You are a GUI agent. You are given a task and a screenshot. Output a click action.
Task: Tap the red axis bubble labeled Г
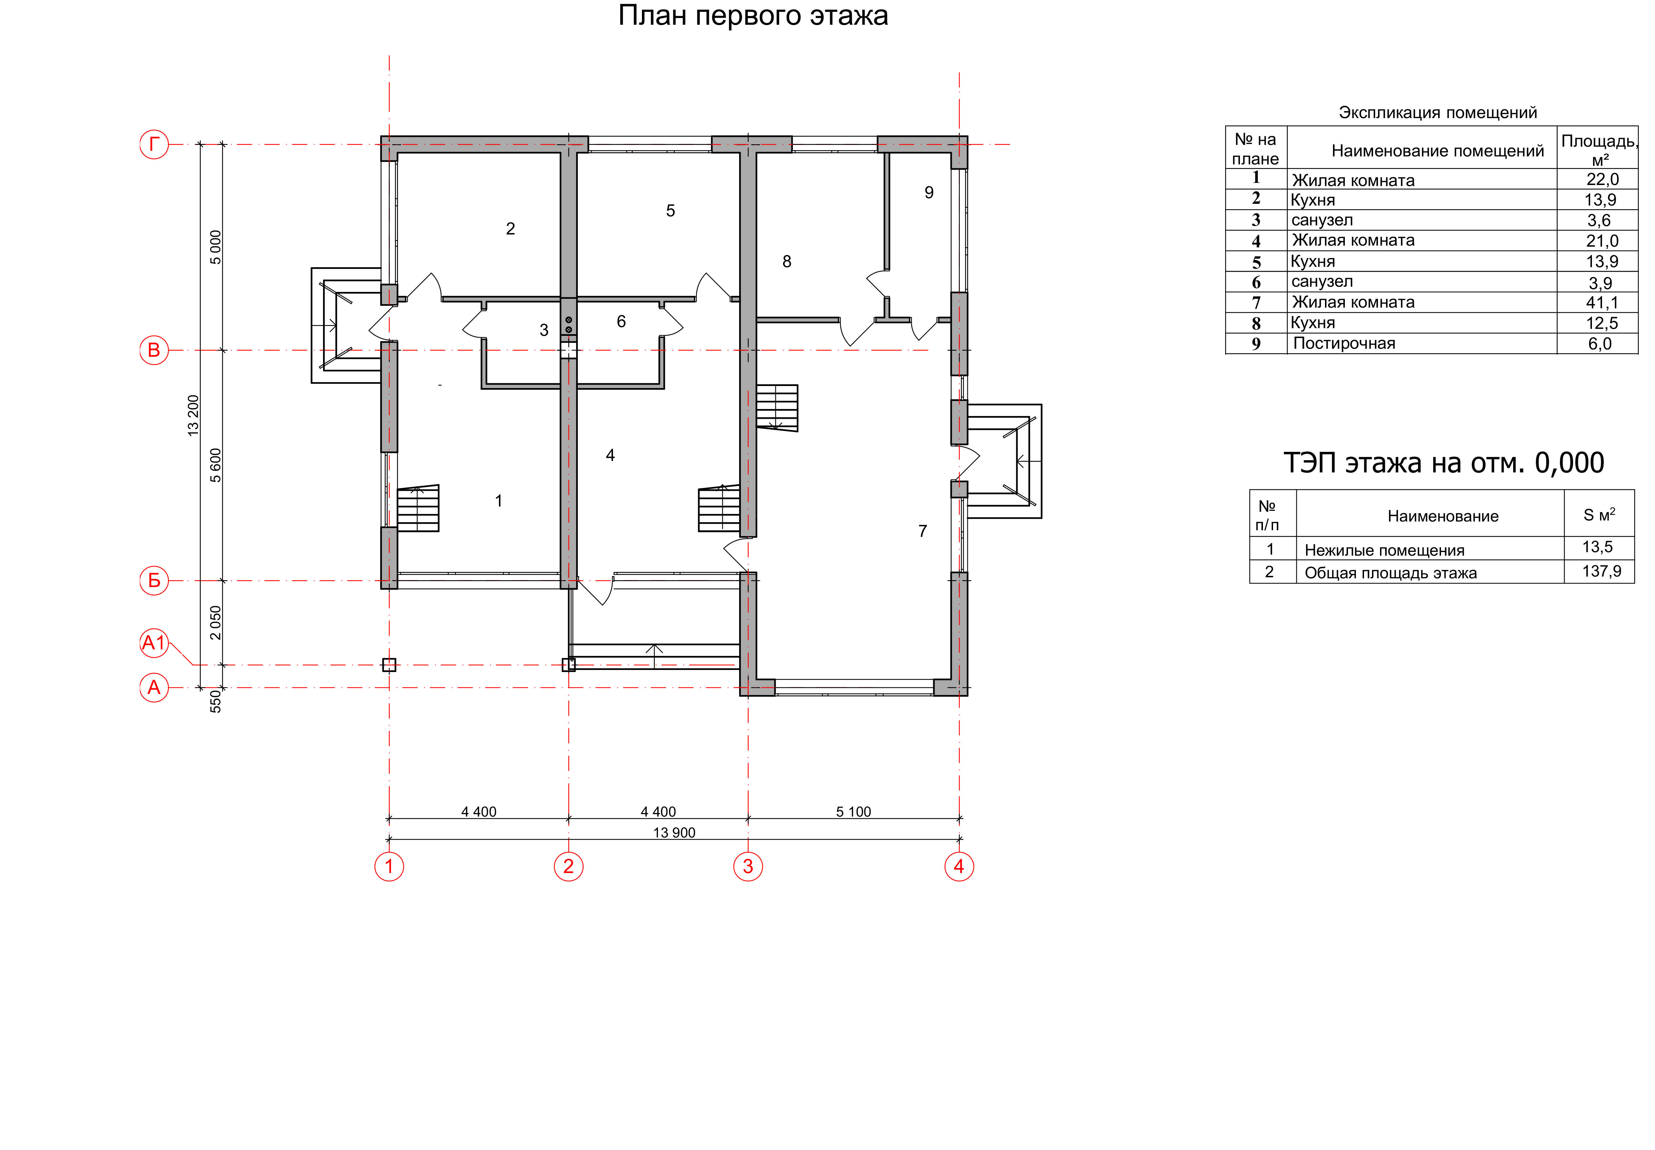click(154, 144)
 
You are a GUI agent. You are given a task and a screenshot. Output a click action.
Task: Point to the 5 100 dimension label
click(853, 812)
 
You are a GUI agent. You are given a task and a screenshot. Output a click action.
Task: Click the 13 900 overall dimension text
click(674, 833)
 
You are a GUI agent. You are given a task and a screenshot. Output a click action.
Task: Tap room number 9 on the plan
click(929, 192)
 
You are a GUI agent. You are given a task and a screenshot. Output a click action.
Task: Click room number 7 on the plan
click(923, 531)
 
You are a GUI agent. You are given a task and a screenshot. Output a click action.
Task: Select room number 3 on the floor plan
click(544, 330)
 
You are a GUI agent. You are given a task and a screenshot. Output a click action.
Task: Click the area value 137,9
click(1602, 571)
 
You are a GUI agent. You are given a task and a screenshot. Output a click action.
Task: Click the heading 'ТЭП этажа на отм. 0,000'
click(1444, 463)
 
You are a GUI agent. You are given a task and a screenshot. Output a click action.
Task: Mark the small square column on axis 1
click(389, 665)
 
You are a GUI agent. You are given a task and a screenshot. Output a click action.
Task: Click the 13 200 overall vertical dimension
click(193, 415)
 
